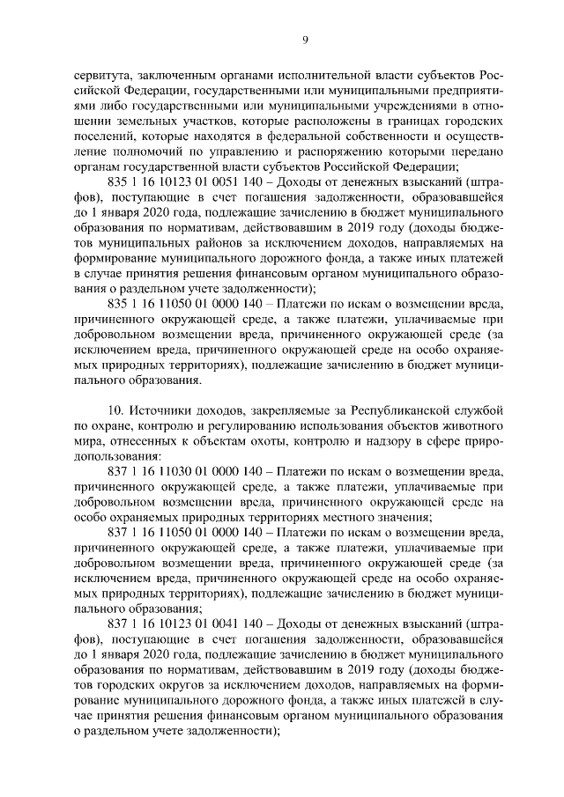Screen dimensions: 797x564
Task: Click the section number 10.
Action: (x=115, y=411)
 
